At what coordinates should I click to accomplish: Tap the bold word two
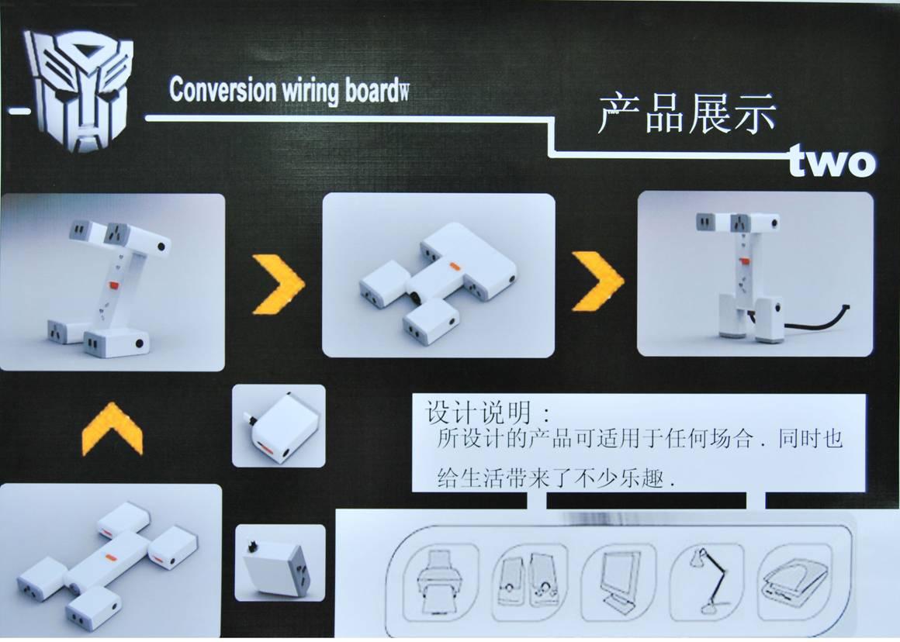click(x=832, y=161)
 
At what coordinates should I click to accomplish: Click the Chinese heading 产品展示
click(x=687, y=113)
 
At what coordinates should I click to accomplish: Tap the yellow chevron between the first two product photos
click(x=279, y=284)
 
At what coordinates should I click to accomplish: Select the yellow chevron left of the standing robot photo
click(x=597, y=281)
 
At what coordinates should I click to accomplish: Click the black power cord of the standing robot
click(x=815, y=320)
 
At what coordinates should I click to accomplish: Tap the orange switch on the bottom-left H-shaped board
click(x=110, y=556)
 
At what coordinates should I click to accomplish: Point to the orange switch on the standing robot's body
click(x=745, y=261)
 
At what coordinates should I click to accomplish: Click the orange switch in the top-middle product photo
click(x=455, y=266)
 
